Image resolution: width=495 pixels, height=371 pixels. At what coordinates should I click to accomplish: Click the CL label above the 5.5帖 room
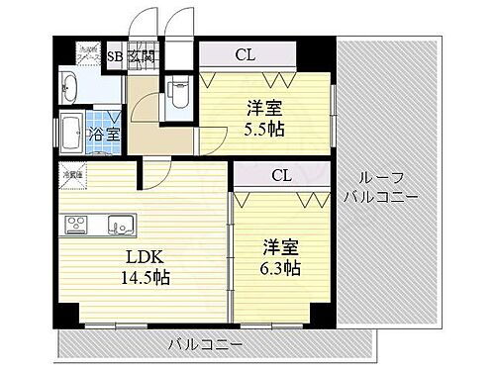pos(245,55)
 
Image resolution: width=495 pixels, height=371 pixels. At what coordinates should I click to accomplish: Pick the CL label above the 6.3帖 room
pos(281,176)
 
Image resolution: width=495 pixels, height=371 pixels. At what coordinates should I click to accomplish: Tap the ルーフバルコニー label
pos(381,187)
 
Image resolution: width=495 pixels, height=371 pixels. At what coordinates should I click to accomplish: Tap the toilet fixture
pos(179,95)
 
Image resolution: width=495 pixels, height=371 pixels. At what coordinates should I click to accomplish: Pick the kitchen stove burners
pos(78,225)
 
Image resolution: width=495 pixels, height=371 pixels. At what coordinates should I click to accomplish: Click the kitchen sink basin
pos(120,224)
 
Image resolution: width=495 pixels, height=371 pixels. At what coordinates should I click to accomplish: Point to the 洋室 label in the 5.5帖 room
pos(262,106)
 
